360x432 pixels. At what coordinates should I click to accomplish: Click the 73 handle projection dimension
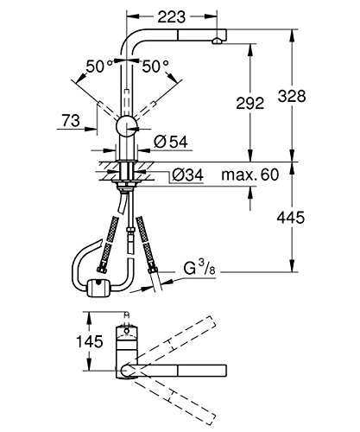pyautogui.click(x=72, y=121)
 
